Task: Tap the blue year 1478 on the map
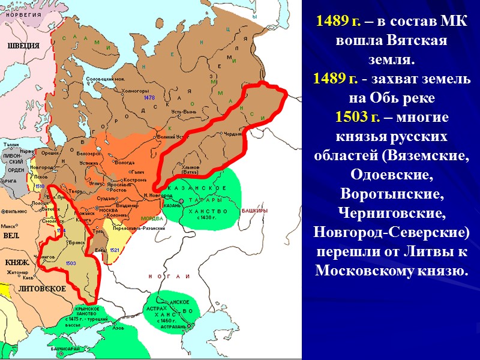tap(150, 97)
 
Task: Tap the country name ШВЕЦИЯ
tap(23, 45)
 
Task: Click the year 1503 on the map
tap(70, 263)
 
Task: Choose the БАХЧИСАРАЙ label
tap(65, 349)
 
